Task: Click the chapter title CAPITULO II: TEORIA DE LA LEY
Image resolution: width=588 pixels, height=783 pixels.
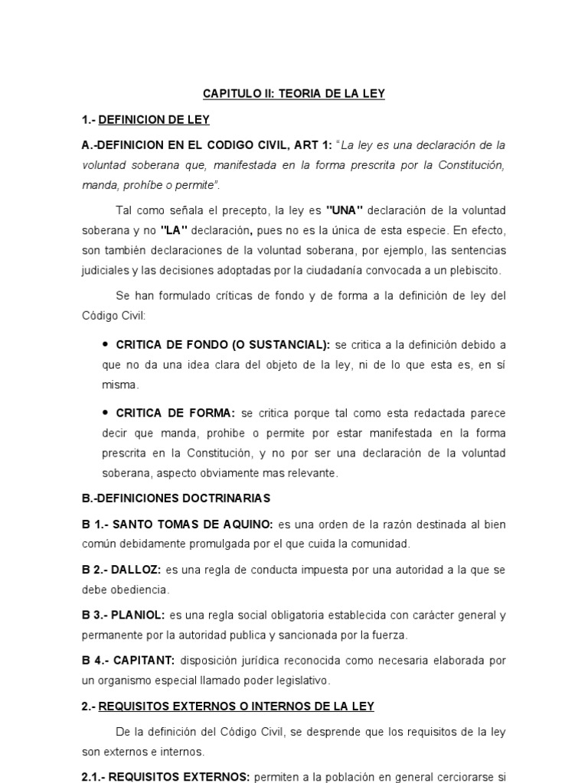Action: coord(293,94)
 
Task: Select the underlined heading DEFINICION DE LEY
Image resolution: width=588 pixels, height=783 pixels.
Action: coord(154,120)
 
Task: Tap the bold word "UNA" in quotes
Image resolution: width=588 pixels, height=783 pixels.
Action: coord(344,210)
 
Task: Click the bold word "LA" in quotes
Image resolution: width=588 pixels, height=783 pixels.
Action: coord(175,230)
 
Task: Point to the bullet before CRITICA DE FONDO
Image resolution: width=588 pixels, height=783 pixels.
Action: coord(105,344)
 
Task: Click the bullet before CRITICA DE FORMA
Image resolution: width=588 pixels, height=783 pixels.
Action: coord(105,412)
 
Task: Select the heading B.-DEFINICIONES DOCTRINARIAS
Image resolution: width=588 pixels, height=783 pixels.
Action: coord(176,499)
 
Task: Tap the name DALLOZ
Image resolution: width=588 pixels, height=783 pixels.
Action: coord(136,570)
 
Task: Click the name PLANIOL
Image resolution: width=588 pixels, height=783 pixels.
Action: coord(138,615)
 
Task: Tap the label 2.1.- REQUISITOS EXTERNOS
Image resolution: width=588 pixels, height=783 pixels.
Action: coord(165,777)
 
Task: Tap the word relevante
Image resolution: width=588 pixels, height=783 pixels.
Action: coord(313,473)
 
